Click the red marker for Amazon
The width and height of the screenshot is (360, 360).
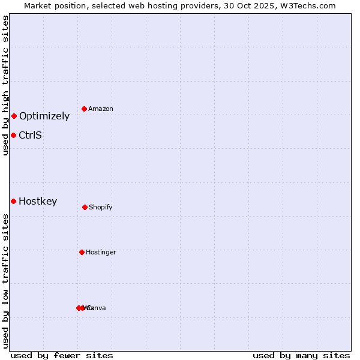(x=85, y=109)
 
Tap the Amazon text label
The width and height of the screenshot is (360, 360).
(x=101, y=109)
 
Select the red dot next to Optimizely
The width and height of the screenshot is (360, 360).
(x=14, y=116)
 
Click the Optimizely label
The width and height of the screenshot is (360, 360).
(x=44, y=116)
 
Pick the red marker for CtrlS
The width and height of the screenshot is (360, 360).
(x=13, y=135)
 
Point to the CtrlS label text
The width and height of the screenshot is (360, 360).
(x=30, y=136)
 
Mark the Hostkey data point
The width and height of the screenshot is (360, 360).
(x=13, y=201)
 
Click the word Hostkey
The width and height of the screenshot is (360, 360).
(x=38, y=202)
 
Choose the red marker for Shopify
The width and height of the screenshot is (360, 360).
(x=85, y=207)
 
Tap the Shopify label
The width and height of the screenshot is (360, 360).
(x=101, y=208)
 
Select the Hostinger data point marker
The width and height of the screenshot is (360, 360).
(x=82, y=252)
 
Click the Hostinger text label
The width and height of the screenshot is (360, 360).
(x=101, y=253)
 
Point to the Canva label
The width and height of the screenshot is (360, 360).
(x=98, y=308)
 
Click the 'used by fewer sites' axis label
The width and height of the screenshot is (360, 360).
(x=62, y=355)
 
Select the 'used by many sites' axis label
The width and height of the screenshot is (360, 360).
(x=301, y=355)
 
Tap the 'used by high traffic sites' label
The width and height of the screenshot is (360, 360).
(x=6, y=86)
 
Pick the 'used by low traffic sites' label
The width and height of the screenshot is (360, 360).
(x=6, y=281)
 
